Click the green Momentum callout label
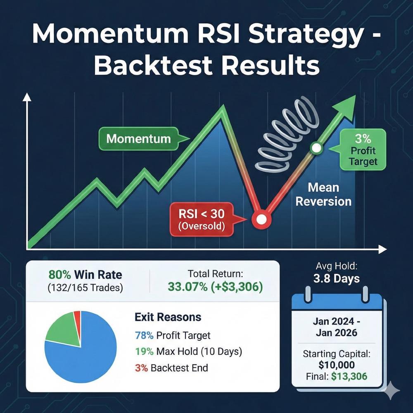tap(138, 138)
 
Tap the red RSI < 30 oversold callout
tap(199, 220)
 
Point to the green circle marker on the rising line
tap(316, 148)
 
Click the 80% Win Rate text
tap(85, 275)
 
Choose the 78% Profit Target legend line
tap(173, 335)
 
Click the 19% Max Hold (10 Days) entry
tap(188, 352)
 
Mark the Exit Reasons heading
tap(168, 317)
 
